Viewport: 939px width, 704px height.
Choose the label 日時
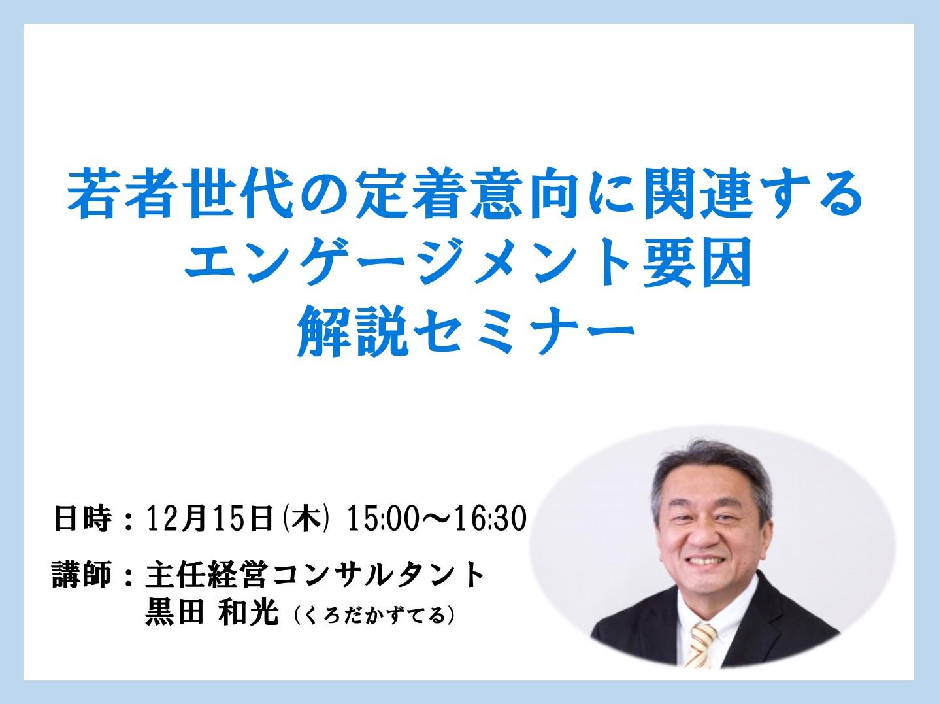click(x=83, y=519)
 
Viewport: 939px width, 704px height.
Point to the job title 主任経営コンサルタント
click(x=314, y=575)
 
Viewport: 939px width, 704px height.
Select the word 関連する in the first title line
click(x=754, y=195)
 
